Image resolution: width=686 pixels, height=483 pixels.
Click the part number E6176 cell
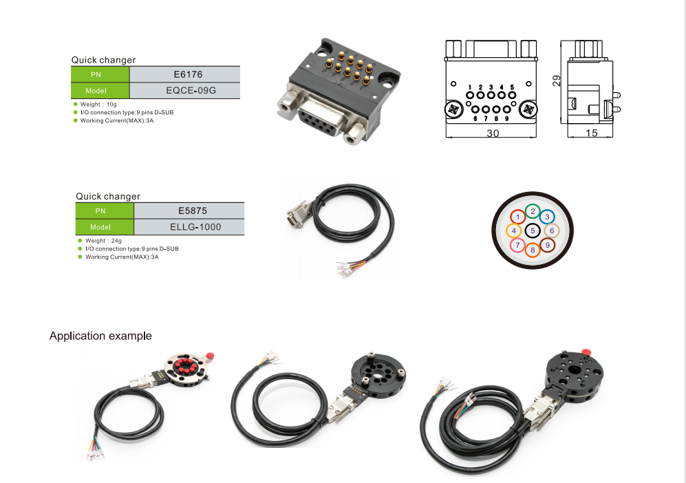pos(184,74)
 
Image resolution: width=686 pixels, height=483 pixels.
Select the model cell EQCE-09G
pos(184,91)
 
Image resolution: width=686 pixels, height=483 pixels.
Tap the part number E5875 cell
pos(188,211)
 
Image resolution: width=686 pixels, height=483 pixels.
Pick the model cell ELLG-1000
pos(188,227)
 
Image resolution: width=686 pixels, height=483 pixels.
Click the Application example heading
pos(100,336)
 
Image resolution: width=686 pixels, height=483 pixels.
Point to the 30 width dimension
pos(493,133)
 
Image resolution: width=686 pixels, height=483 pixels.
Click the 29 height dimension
pos(556,80)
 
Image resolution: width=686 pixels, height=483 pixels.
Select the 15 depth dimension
pos(591,133)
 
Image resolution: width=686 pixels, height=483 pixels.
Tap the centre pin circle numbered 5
pos(533,231)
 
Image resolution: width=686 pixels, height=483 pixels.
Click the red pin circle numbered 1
pos(519,217)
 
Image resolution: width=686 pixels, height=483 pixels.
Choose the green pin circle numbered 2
pos(533,211)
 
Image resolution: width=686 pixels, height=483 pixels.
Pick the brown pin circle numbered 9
pos(548,245)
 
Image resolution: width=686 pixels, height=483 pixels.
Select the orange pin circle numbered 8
pos(533,250)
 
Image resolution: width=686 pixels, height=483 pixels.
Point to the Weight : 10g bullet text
pos(98,105)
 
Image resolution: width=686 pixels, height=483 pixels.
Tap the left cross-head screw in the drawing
pos(454,109)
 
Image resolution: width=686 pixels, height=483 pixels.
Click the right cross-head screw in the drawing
pos(528,109)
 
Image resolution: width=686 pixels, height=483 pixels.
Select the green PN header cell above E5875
pos(104,211)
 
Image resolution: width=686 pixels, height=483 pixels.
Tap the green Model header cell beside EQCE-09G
pos(100,91)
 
